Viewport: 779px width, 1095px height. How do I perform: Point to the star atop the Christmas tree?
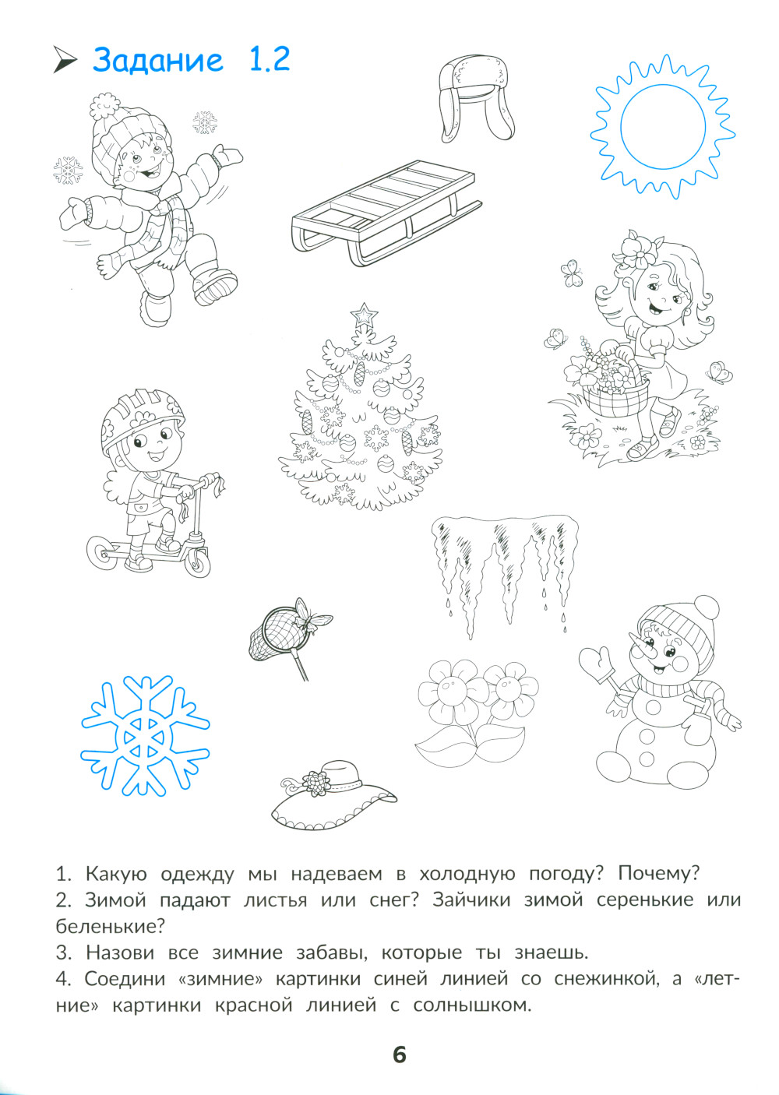(363, 315)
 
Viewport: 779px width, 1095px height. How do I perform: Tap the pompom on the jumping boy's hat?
(104, 107)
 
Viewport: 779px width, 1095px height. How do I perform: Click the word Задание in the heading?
(157, 60)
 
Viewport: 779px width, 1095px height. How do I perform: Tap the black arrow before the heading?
(65, 60)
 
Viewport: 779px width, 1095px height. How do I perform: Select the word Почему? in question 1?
(659, 874)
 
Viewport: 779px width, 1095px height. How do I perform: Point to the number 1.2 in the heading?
(270, 59)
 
